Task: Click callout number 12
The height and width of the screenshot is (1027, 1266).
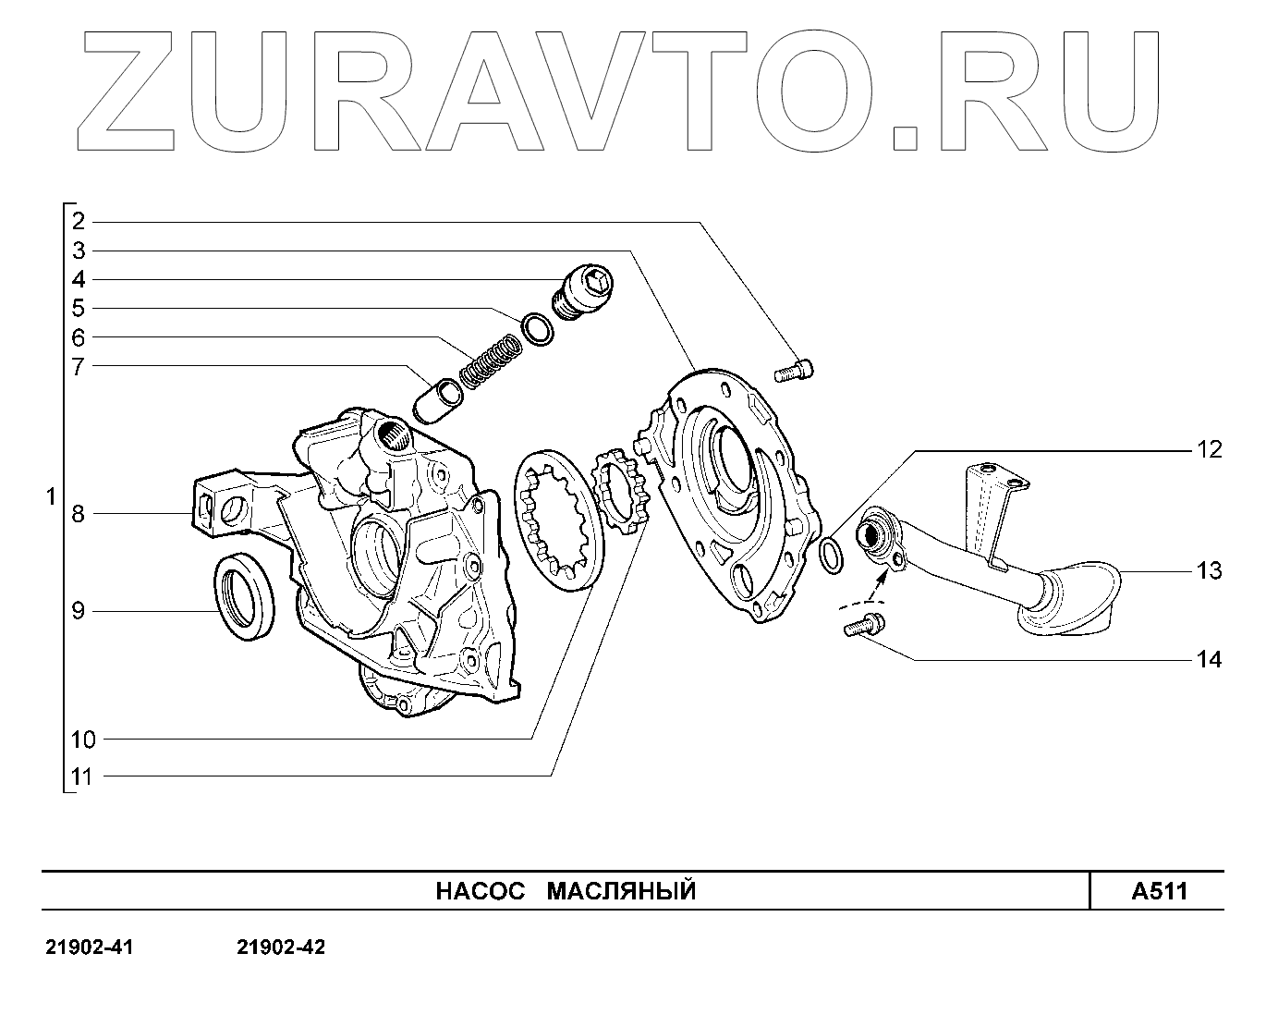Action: click(x=1209, y=450)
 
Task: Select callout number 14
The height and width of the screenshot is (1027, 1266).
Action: click(x=1209, y=660)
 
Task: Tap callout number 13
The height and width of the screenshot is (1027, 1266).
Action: click(x=1209, y=571)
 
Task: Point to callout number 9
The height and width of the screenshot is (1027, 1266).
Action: click(x=79, y=611)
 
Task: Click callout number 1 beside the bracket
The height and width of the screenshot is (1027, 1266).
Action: click(x=51, y=497)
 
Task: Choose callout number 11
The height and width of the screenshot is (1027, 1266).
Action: click(x=82, y=776)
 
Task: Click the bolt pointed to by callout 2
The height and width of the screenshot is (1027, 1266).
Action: click(x=794, y=371)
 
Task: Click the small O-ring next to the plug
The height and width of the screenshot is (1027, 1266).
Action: click(x=537, y=329)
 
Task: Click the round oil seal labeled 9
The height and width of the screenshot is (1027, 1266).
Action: click(x=245, y=597)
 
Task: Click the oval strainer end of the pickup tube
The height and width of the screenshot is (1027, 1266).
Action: click(x=1073, y=600)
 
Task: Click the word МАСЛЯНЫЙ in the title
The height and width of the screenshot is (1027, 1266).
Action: click(x=621, y=891)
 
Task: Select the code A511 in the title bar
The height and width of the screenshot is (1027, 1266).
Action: click(x=1159, y=891)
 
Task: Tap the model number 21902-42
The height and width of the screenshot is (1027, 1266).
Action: click(x=281, y=948)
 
